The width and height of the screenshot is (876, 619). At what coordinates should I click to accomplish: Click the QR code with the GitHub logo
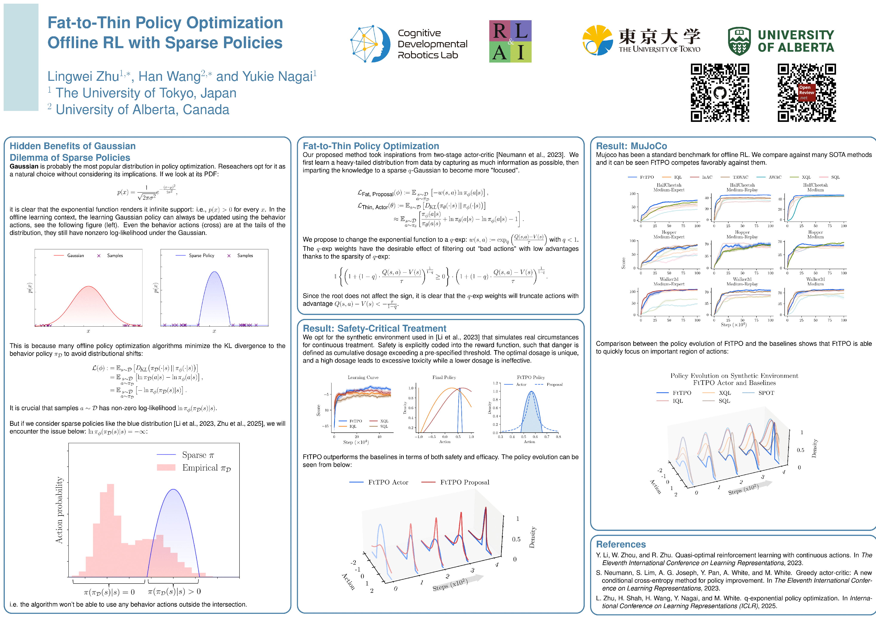coord(720,93)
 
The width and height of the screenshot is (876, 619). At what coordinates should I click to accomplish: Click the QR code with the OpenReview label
coord(807,93)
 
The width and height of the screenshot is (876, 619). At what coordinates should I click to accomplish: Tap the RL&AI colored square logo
coord(510,41)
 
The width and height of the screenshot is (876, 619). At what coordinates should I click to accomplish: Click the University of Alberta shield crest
coord(739,41)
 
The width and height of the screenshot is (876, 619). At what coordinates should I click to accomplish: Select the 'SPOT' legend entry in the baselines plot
coord(766,393)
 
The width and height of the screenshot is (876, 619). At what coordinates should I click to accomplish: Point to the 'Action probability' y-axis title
coord(59,510)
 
